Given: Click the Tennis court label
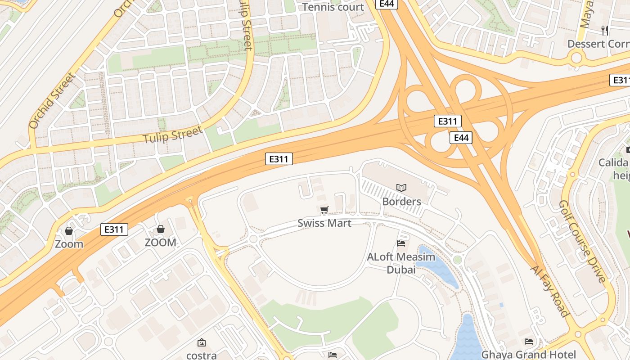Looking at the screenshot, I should tap(333, 7).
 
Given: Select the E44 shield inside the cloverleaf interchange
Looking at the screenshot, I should tap(461, 138).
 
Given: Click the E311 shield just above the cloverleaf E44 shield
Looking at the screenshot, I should tap(447, 121).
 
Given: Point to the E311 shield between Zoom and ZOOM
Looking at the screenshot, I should tap(114, 229).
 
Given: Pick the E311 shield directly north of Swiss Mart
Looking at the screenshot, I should tap(279, 158).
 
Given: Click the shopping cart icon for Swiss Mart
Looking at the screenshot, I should tap(324, 210).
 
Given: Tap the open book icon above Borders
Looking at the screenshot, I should tap(401, 188).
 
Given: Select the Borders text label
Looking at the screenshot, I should tap(401, 201).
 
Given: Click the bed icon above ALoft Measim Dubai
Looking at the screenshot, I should tap(401, 243).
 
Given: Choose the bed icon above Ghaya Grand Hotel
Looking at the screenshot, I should tap(529, 342).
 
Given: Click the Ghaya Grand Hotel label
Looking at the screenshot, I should tap(528, 354).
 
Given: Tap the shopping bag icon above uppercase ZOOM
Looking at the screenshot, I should tap(160, 229).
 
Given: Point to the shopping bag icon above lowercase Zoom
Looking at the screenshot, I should tap(69, 231).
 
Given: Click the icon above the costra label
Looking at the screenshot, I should tap(202, 342).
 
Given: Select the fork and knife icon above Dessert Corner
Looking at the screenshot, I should tap(605, 30).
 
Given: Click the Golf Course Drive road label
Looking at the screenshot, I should tap(582, 242).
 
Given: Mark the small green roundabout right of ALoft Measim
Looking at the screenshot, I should tap(458, 260).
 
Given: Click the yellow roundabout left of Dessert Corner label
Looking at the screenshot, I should tap(576, 58).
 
